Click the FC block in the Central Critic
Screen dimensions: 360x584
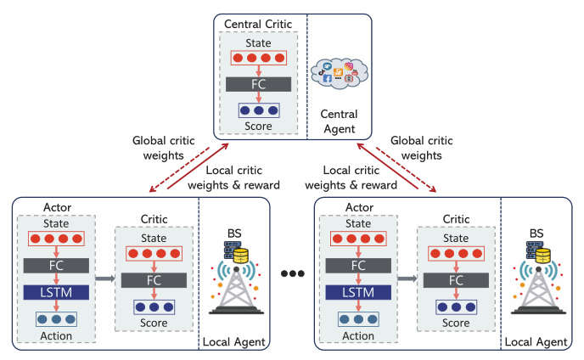pos(259,86)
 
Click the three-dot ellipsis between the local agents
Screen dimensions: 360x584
pos(291,273)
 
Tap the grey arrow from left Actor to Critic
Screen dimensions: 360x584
pos(104,278)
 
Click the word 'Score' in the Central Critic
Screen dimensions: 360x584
pos(259,125)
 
